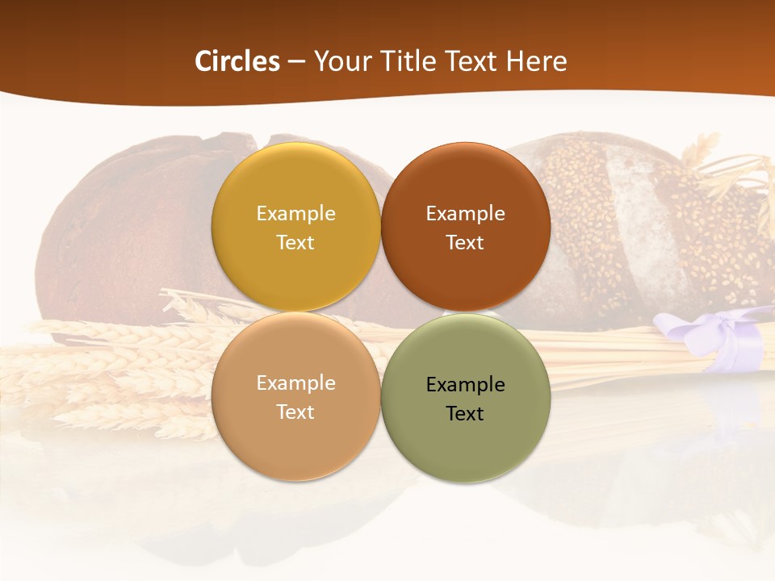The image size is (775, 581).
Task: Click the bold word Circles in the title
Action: [x=237, y=61]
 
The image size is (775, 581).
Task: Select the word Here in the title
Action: [x=536, y=61]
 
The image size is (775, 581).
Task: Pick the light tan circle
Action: [x=295, y=444]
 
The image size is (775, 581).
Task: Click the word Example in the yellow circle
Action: [x=295, y=214]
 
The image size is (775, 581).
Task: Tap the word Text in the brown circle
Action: [x=465, y=243]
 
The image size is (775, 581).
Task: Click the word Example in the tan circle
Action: [x=295, y=383]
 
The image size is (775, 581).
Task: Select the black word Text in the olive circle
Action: [x=465, y=414]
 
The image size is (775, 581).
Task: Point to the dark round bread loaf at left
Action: [x=121, y=234]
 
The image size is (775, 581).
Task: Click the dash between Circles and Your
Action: [x=296, y=62]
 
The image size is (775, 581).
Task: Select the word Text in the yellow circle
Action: [x=295, y=243]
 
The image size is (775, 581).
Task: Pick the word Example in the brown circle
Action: [x=465, y=214]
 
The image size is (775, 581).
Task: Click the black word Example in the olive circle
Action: [x=465, y=385]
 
